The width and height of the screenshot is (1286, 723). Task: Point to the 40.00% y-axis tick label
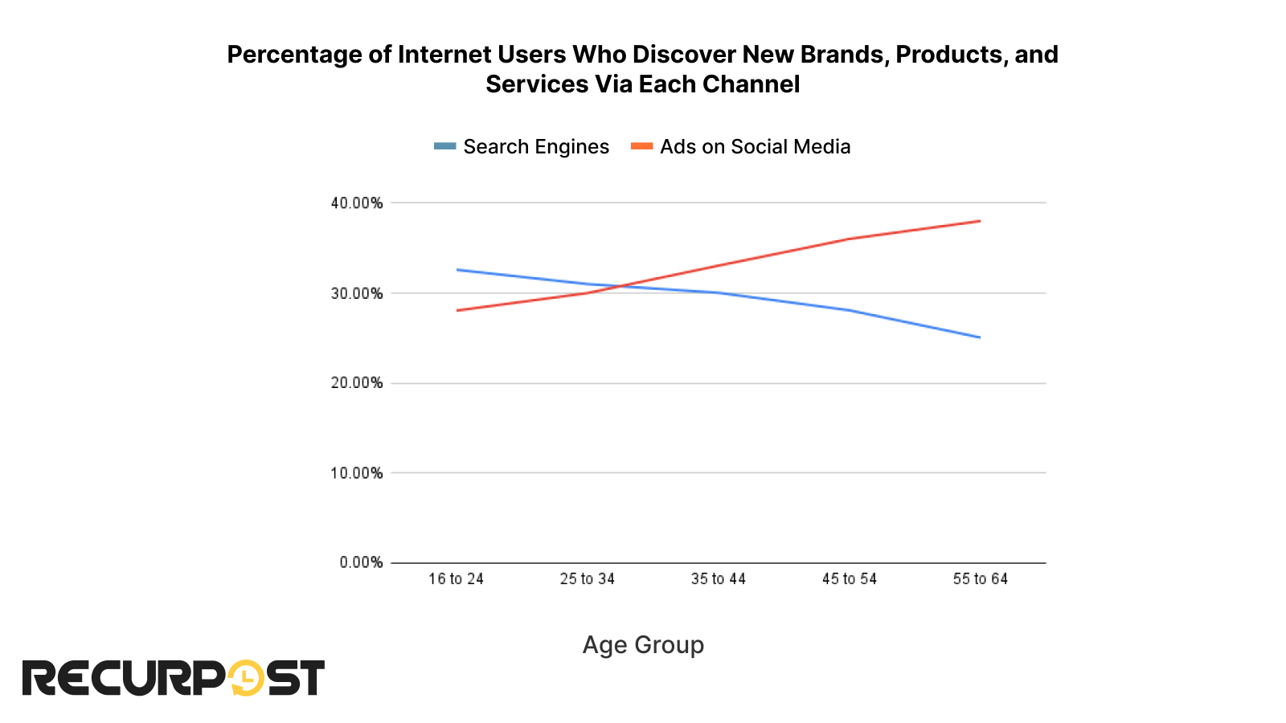356,203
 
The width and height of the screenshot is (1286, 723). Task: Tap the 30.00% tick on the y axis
356,293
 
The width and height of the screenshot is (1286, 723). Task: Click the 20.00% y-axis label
356,383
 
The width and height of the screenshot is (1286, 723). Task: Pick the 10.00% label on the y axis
356,473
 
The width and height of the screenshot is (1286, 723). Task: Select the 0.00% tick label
361,562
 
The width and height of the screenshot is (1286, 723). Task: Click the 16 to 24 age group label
456,579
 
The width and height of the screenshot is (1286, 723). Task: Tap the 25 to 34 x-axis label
587,579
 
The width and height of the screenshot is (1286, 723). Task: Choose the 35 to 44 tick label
718,579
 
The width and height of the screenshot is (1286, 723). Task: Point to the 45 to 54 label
849,579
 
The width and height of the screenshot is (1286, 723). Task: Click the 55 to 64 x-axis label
980,579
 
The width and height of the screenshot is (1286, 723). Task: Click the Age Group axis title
643,645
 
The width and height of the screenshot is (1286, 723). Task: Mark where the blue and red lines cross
616,286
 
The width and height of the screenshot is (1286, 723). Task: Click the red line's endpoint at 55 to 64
980,221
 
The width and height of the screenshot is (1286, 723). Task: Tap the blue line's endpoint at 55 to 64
980,337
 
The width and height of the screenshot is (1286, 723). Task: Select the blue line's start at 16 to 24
457,270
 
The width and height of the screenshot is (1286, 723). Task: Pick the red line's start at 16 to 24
457,310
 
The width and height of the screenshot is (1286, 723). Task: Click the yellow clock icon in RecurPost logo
246,678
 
